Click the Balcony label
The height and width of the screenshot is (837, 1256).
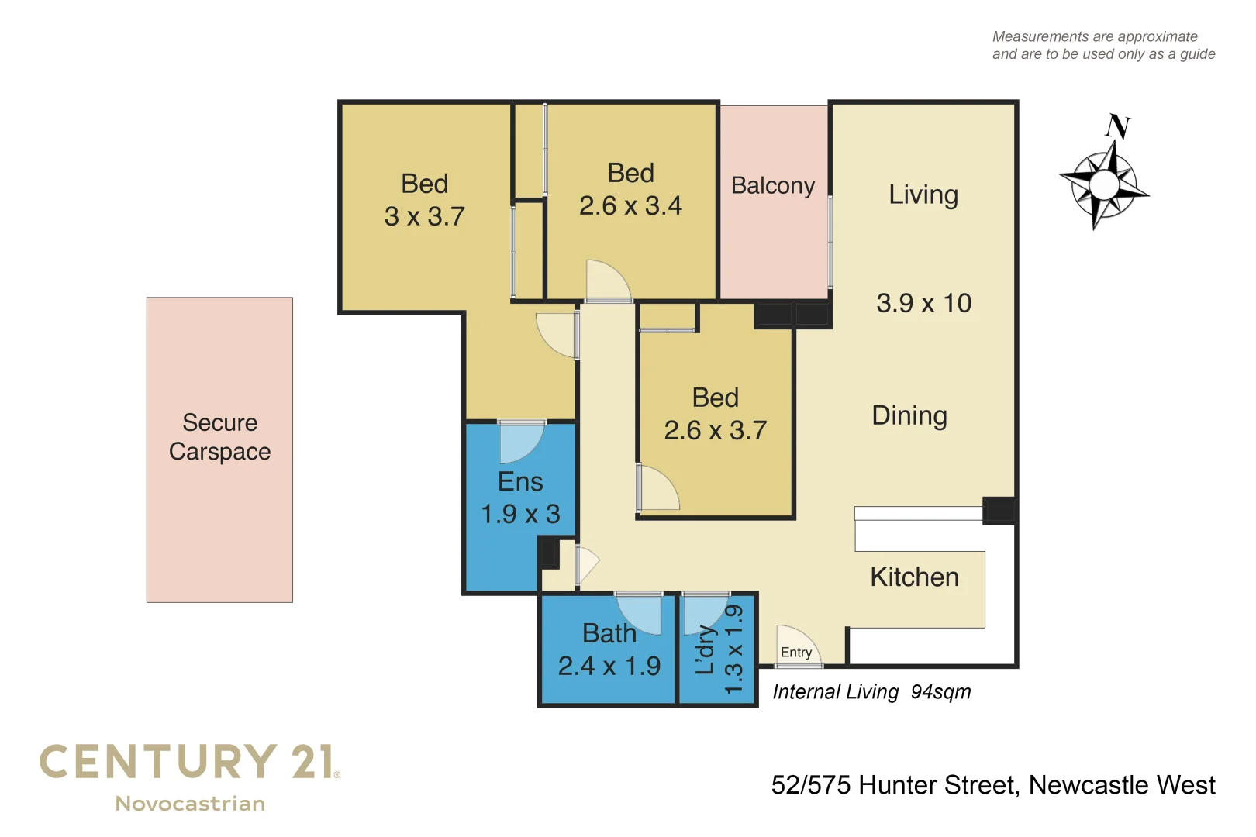coord(772,186)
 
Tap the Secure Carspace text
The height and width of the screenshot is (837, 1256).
coord(219,437)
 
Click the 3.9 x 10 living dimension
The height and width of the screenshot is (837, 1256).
coord(923,303)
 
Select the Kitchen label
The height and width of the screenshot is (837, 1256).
coord(914,577)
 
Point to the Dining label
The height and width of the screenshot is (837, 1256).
coord(909,416)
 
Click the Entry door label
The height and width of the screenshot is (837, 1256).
coord(795,653)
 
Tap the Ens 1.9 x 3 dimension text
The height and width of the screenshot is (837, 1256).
coord(520,514)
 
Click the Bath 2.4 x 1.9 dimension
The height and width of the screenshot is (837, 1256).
coord(609,666)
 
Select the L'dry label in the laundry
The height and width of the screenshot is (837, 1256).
coord(705,649)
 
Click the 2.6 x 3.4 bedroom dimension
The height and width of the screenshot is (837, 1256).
coord(630,206)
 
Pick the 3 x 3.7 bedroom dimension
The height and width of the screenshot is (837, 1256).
coord(424,217)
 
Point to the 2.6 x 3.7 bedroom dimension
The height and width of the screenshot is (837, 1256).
coord(715,431)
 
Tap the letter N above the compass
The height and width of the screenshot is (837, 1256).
coord(1117,126)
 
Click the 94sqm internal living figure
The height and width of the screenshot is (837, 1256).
coord(940,692)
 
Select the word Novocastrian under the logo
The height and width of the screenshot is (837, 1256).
coord(190,804)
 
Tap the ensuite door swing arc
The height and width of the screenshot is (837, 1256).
coord(521,444)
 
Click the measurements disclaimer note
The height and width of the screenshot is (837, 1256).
coord(1102,46)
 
